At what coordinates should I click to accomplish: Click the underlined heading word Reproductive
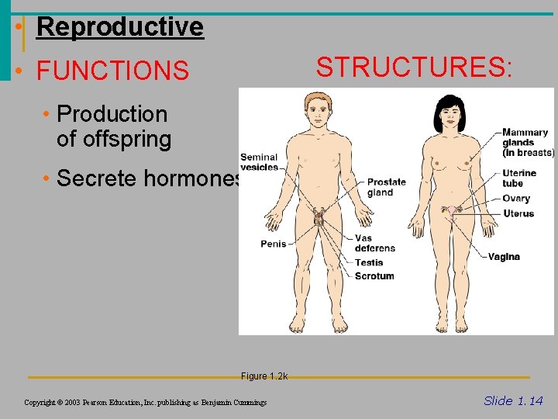[119, 26]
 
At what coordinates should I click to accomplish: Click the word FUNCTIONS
[112, 71]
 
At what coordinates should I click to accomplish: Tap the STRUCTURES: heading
[414, 67]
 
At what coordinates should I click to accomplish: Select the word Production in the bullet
[112, 114]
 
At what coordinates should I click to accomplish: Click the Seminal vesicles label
[259, 162]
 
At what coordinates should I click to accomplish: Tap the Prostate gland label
[386, 188]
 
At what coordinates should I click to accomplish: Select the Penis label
[273, 244]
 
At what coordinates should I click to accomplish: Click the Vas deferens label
[374, 244]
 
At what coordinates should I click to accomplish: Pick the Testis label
[369, 263]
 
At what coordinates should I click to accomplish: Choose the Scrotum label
[374, 276]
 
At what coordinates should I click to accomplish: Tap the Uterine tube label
[518, 178]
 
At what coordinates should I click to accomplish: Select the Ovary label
[515, 199]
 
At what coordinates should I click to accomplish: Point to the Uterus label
[518, 213]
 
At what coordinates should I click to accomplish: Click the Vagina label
[504, 257]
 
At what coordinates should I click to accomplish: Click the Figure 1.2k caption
[263, 376]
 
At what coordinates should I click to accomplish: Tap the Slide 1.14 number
[513, 400]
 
